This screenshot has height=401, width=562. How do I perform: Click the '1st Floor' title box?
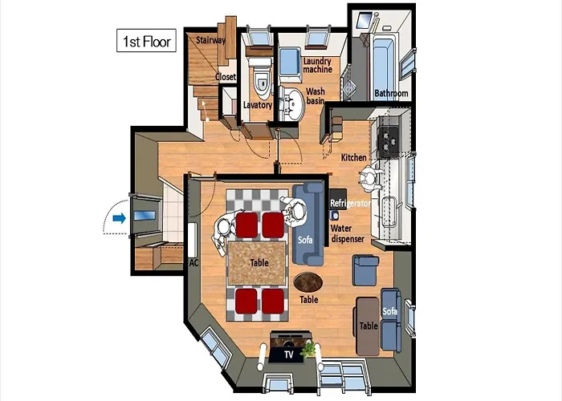click(146, 40)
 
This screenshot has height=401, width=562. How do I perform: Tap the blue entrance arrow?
click(120, 218)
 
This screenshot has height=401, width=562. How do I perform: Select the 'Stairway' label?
click(210, 40)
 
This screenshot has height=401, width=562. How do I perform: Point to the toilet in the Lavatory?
click(261, 79)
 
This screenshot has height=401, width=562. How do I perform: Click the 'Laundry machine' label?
click(318, 65)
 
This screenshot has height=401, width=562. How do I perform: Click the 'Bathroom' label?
click(392, 94)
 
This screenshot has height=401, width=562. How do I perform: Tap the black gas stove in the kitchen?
click(389, 142)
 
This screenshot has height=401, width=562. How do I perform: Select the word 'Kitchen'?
click(354, 157)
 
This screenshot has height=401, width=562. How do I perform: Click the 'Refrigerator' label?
click(350, 204)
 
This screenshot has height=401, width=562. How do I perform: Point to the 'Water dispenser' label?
click(348, 233)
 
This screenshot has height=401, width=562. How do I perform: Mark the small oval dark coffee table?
click(307, 282)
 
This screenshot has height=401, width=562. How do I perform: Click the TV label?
click(288, 354)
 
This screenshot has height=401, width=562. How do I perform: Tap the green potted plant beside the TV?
click(307, 349)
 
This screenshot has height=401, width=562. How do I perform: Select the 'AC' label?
click(193, 263)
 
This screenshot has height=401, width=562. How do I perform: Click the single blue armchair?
click(365, 270)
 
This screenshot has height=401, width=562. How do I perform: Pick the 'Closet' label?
click(226, 77)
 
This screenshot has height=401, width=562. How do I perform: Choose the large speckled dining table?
click(258, 263)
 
